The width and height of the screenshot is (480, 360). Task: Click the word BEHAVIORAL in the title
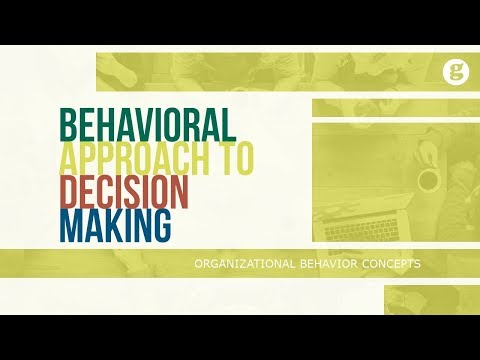pos(148,123)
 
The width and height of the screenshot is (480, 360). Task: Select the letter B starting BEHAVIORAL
pos(70,123)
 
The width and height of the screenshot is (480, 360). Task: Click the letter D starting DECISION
pos(70,191)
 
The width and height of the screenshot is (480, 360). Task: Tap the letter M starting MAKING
pos(72,225)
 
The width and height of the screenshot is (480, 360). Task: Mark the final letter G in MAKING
pos(160,225)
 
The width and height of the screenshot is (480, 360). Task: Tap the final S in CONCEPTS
pos(416,264)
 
